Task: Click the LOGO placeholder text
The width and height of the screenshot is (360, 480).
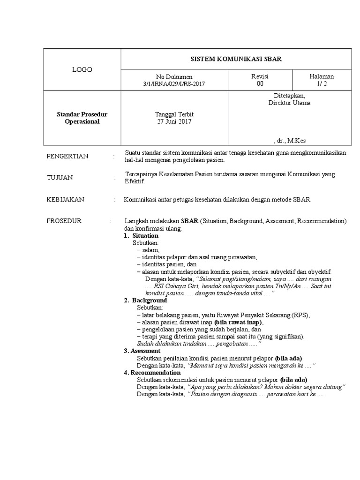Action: pos(82,70)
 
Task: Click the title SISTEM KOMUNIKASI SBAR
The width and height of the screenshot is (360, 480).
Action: pos(235,59)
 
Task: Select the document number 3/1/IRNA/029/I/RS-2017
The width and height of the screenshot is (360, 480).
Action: pos(174,84)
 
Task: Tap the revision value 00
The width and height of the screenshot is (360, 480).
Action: pos(260,84)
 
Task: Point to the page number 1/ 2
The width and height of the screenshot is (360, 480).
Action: pos(322,84)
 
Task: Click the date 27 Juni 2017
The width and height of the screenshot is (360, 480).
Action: pos(174,121)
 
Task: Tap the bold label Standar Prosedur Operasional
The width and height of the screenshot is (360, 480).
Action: pos(82,118)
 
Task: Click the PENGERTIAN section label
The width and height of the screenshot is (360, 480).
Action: pos(67,156)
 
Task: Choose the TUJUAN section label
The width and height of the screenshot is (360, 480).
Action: pos(60,178)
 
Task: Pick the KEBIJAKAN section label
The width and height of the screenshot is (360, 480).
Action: pos(65,199)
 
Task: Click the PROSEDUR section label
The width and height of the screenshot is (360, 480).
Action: pos(64,221)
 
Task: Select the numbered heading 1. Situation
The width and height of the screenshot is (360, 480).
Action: pos(141,235)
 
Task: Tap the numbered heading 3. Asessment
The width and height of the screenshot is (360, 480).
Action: pos(142,351)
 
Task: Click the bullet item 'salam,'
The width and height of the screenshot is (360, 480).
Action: pos(150,250)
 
